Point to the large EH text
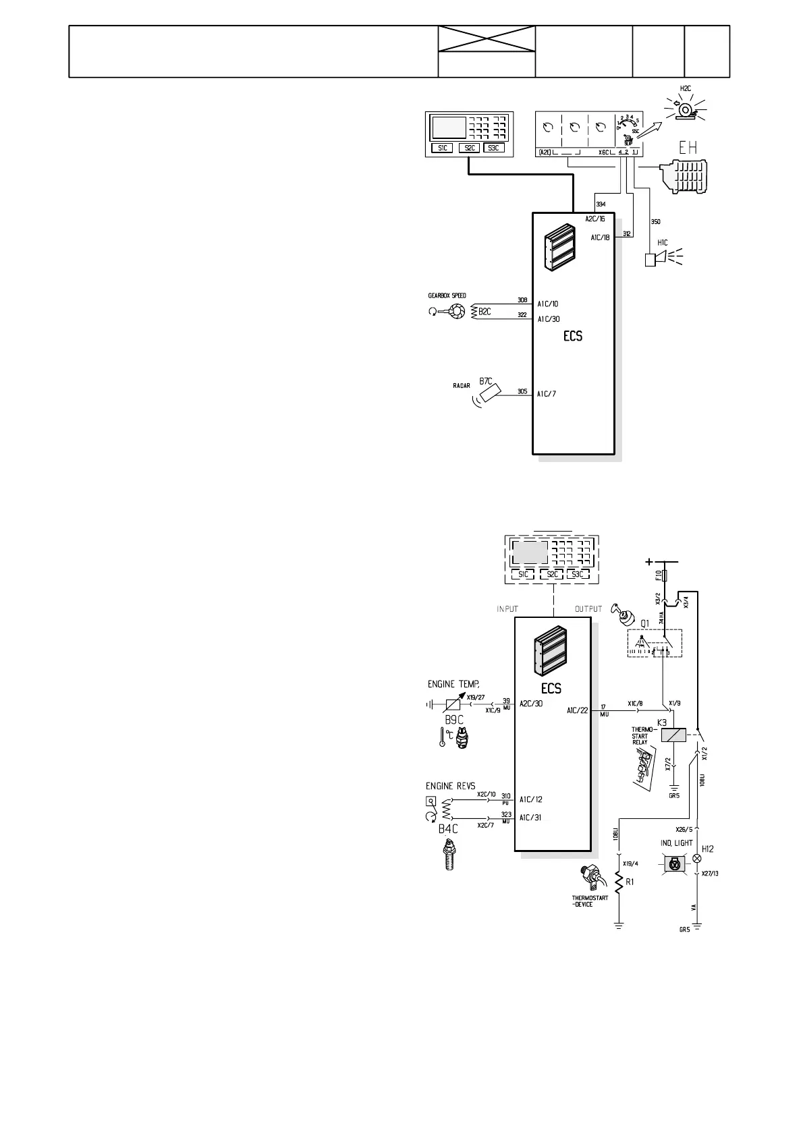click(688, 148)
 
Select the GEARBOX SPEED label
click(447, 295)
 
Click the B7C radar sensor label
click(485, 381)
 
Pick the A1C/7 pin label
click(547, 393)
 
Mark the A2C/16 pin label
click(594, 219)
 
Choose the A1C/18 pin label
click(600, 237)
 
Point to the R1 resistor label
click(630, 882)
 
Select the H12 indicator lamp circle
click(697, 860)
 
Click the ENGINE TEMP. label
click(453, 684)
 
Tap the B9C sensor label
click(453, 719)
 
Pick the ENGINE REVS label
click(450, 786)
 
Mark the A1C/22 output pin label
click(577, 710)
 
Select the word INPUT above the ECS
click(507, 609)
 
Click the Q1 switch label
click(645, 624)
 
